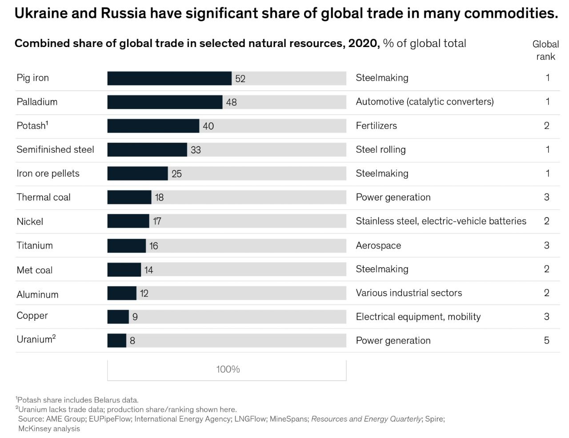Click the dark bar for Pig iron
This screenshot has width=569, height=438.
coord(169,79)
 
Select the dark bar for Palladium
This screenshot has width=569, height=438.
coord(165,102)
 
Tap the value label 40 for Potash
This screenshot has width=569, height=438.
coord(208,126)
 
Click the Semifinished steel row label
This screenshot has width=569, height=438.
coord(55,150)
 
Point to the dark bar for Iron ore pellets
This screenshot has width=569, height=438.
coord(137,174)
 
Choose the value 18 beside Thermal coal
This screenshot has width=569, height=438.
coord(159,197)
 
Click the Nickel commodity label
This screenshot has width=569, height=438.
coord(30,221)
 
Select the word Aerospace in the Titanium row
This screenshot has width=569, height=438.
coord(378,245)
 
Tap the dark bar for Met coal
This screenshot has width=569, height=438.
coord(124,269)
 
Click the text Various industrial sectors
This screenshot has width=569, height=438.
coord(409,293)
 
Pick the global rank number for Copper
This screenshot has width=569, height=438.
coord(546,316)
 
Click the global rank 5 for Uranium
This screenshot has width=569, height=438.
coord(546,340)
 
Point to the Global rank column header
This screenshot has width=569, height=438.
coord(546,50)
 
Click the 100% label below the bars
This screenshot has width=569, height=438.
coord(228,369)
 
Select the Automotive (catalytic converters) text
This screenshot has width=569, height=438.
coord(425,102)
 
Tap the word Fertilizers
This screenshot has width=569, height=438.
coord(376,126)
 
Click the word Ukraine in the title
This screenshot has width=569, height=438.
coord(41,13)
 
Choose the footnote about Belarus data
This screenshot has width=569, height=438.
coord(77,400)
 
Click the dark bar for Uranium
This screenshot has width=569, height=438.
coord(117,340)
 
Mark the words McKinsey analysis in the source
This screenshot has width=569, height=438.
coord(49,429)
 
